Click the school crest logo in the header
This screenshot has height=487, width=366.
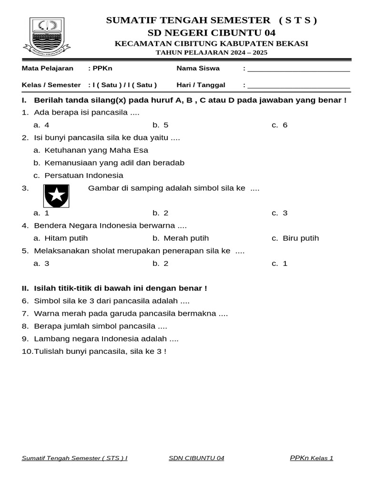point(47,36)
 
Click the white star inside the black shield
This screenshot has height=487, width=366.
point(56,195)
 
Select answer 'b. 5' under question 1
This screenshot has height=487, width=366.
point(161,125)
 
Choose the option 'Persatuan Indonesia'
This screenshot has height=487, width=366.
point(83,175)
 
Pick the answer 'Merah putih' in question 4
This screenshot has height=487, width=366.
point(186,238)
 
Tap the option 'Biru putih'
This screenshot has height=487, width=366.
point(300,238)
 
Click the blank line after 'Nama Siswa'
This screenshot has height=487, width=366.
point(299,69)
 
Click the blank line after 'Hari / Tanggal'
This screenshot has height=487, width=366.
point(299,86)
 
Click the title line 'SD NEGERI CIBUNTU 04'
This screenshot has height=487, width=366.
point(211,33)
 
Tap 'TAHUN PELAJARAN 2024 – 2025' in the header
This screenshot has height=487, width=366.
point(212,52)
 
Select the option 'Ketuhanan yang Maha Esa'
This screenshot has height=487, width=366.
point(96,150)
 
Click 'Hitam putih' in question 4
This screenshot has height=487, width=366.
point(66,238)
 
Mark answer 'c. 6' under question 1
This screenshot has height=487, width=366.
point(280,125)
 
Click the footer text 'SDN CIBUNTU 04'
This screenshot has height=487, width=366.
point(196,458)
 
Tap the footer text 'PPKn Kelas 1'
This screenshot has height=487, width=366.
point(311,458)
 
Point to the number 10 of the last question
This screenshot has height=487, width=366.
point(26,351)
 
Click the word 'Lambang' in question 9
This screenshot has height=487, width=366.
point(48,339)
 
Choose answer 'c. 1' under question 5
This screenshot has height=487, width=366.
point(280,263)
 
